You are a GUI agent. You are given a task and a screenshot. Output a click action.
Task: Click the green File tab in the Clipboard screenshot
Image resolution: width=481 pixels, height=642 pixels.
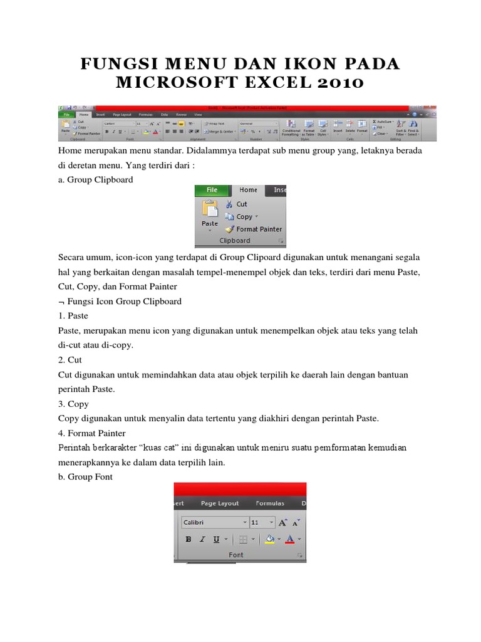(212, 190)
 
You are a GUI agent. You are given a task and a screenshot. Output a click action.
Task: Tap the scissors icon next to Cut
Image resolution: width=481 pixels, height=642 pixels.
(229, 204)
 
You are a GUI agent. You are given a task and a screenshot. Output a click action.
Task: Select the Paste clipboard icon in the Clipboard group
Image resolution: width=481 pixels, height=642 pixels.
(209, 211)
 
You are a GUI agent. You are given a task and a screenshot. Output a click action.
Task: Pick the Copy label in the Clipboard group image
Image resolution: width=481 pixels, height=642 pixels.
(244, 217)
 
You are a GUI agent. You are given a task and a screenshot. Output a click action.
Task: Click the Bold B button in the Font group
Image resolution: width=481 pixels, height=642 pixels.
(188, 539)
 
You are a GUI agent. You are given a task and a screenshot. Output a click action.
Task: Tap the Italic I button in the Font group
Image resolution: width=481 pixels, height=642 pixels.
(202, 539)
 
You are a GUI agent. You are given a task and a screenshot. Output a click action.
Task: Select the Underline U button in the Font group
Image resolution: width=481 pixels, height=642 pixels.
(216, 539)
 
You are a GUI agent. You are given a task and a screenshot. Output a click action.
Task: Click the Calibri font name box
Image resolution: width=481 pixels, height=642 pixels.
(213, 522)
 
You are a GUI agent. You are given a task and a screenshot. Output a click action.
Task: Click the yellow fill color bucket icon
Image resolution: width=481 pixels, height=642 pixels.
(270, 539)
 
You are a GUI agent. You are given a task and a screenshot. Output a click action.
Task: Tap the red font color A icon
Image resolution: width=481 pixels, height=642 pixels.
(289, 539)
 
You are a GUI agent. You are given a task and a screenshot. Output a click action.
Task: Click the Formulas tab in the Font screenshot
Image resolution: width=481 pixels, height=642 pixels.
(270, 503)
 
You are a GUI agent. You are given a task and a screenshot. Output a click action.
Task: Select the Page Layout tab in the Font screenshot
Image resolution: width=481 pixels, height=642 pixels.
(220, 503)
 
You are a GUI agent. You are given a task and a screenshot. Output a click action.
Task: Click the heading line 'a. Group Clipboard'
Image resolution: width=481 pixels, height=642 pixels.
(95, 179)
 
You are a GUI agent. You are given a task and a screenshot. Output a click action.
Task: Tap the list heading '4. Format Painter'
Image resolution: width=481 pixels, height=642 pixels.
(91, 433)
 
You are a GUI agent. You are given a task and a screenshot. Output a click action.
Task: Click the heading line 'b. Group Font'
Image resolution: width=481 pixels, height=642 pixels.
(85, 477)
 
